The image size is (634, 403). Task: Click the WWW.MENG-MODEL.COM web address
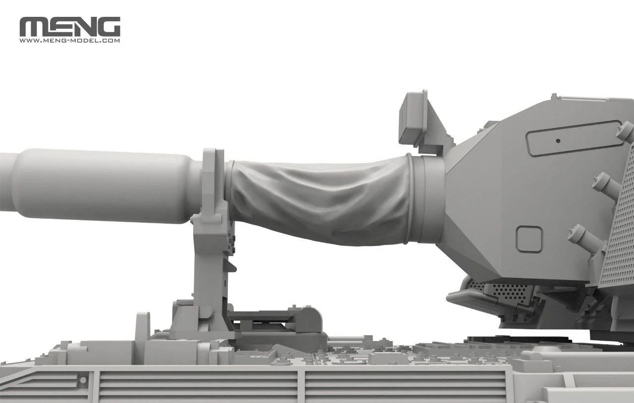point(70,41)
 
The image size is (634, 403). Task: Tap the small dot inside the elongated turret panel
point(558,141)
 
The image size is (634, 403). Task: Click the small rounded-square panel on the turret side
point(528,239)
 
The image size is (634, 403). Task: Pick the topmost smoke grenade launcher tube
point(625,132)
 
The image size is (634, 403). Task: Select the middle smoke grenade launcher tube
point(606,185)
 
